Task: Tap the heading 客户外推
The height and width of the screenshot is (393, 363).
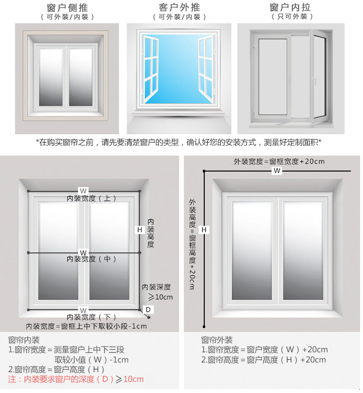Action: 179,8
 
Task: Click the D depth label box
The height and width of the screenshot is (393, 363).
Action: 149,310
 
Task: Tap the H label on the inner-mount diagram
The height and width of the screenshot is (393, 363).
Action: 140,229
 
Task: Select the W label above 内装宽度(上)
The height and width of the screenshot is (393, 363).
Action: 83,190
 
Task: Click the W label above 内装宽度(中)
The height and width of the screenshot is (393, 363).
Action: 83,252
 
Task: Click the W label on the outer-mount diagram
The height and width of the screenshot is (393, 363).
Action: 276,171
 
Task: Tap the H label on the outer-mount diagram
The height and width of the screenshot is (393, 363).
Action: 204,229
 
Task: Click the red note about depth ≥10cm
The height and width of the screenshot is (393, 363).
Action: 76,379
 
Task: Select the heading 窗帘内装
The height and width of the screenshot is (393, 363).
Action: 24,340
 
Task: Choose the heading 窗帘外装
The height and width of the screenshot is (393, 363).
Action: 217,340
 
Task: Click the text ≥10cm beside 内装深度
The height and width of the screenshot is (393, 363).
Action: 160,297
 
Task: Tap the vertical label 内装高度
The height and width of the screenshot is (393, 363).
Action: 151,233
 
